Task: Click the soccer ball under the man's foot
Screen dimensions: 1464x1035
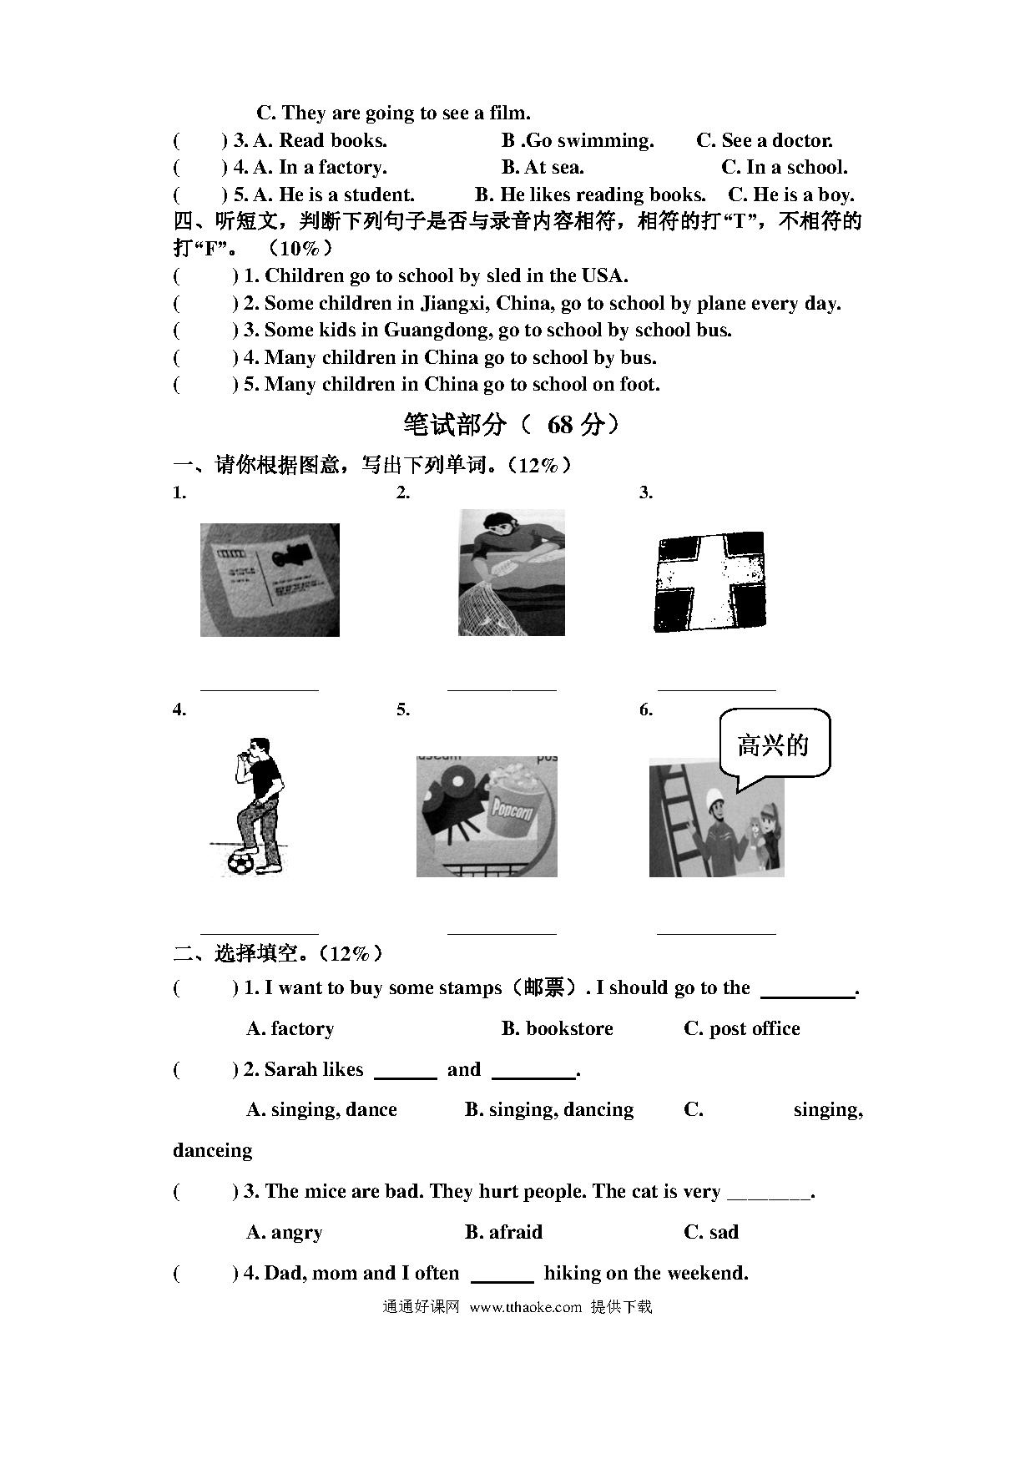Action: (240, 862)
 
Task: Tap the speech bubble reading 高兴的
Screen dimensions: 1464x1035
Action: (774, 744)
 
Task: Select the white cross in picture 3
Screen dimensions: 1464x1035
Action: (710, 581)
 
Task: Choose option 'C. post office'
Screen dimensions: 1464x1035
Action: (741, 1028)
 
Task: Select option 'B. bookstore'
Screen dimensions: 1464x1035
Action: (557, 1028)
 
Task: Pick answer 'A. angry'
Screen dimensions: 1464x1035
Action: (285, 1232)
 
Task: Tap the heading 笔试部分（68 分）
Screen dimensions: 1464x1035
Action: (512, 425)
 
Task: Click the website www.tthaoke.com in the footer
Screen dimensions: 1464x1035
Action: (525, 1307)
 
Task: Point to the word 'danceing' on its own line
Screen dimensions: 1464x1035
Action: (212, 1150)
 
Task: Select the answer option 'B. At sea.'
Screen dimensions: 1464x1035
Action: (543, 167)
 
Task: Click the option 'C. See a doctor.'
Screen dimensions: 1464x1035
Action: (764, 140)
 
